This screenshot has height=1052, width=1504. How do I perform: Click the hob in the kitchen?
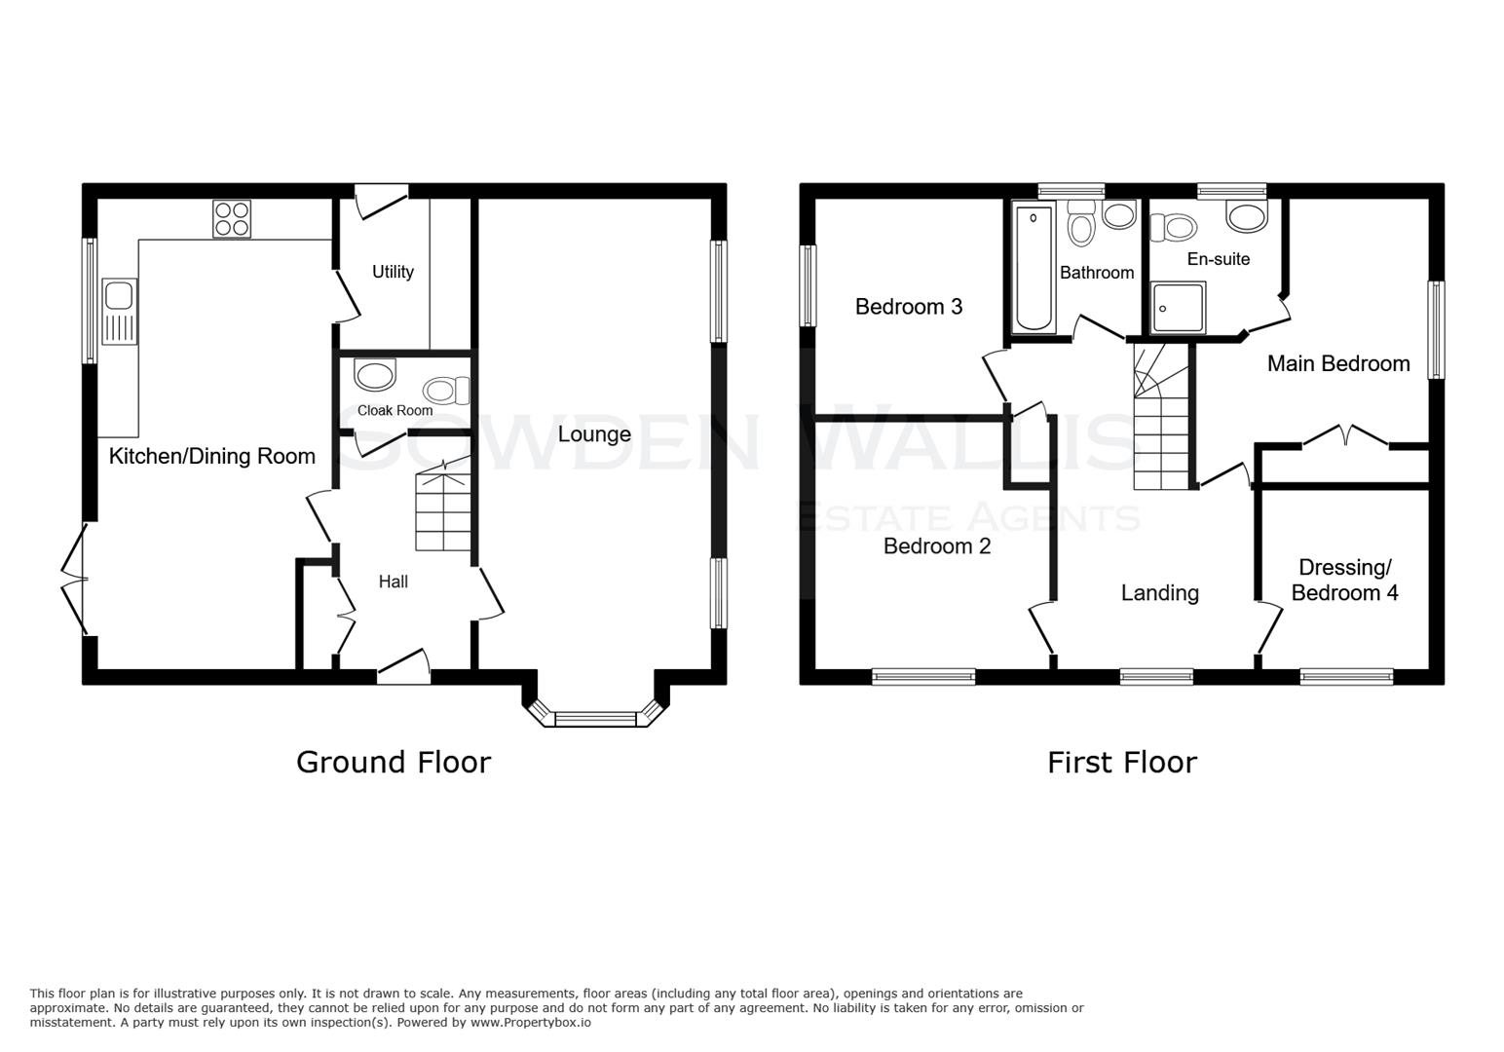(231, 219)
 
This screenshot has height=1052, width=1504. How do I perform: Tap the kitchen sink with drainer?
(119, 311)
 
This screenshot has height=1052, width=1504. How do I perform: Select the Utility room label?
(393, 272)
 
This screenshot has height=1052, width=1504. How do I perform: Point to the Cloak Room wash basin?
(375, 374)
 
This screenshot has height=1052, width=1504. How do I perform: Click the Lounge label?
(594, 434)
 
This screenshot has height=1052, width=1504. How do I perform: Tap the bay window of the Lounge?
(595, 719)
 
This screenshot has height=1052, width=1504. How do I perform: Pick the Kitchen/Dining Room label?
(211, 456)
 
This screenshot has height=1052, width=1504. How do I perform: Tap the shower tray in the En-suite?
(1178, 308)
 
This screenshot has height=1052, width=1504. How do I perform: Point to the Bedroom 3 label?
(908, 307)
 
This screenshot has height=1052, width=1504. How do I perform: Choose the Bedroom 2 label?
(936, 546)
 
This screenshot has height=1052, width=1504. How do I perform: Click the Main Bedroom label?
(1337, 363)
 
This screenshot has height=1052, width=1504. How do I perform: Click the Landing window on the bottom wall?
(1156, 676)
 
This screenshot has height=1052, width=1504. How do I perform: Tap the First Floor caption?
(1121, 762)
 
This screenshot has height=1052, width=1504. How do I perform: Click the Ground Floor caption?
(393, 762)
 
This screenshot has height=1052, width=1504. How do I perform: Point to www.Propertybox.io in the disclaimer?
(531, 1022)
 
